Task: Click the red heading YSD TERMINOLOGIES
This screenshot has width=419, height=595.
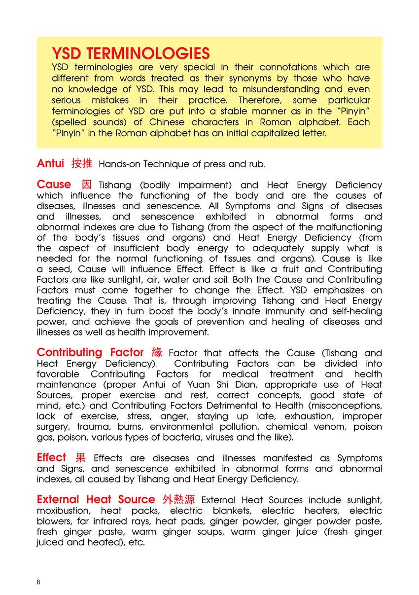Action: click(131, 53)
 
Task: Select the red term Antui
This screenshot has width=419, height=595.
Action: click(50, 163)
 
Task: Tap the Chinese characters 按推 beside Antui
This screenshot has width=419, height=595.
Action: click(82, 163)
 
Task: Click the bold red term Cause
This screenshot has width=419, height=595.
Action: click(54, 185)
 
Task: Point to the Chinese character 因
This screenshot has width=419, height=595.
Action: click(86, 185)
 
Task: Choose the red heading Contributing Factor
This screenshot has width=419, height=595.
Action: click(90, 352)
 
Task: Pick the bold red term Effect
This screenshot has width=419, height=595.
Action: click(51, 457)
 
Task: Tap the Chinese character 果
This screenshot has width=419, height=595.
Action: click(80, 457)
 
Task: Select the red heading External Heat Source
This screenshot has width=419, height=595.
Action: click(96, 499)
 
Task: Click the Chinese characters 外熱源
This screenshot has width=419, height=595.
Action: click(179, 499)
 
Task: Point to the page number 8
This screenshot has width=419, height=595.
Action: click(38, 582)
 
